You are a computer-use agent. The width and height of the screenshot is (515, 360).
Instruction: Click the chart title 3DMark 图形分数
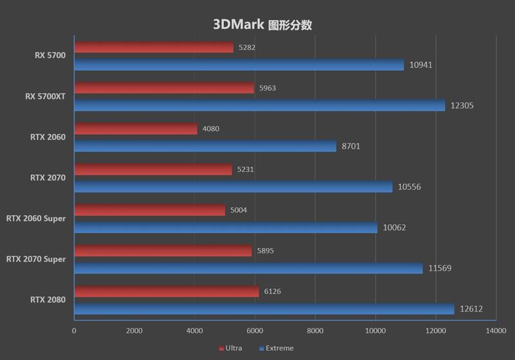(263, 25)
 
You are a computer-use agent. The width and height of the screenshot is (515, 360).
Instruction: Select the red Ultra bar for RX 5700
(153, 47)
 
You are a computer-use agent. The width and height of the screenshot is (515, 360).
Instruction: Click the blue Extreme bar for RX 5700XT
(259, 106)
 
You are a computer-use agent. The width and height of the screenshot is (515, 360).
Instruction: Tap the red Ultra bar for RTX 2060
(135, 129)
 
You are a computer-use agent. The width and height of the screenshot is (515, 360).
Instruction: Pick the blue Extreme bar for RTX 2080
(264, 309)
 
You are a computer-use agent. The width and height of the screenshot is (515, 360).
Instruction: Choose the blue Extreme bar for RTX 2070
(233, 187)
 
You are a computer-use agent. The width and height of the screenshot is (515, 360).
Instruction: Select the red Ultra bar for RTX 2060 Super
(149, 210)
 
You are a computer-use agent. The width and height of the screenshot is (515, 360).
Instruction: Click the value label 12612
(471, 309)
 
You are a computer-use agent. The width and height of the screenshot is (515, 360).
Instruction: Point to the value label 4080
(211, 129)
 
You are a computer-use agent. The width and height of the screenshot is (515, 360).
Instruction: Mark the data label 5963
(267, 88)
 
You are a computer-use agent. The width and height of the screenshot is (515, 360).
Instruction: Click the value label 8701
(351, 146)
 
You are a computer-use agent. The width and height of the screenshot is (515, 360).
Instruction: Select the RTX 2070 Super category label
(36, 259)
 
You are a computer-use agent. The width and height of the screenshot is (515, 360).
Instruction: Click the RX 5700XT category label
(45, 97)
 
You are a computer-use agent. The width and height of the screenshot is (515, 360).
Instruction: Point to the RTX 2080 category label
(47, 299)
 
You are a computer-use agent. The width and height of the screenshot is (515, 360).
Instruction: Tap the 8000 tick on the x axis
(315, 330)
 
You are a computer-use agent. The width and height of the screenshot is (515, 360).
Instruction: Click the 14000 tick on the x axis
(495, 330)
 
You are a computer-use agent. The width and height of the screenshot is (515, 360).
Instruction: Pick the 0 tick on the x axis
(74, 330)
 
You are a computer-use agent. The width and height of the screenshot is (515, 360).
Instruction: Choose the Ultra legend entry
(230, 348)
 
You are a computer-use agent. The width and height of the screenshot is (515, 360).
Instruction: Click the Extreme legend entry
(276, 348)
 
